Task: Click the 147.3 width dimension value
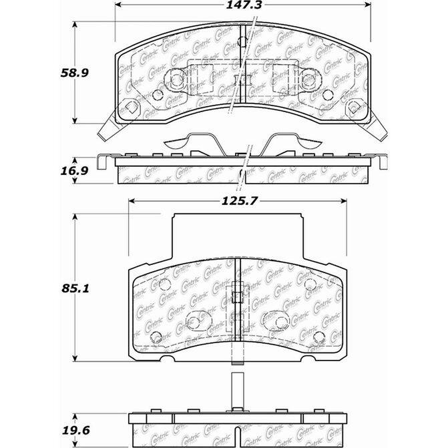coord(244,5)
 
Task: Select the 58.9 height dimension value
coord(75,73)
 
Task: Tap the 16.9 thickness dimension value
coord(75,171)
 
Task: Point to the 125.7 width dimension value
coord(240,201)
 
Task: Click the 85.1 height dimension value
coord(75,288)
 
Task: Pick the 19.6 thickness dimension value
coord(75,430)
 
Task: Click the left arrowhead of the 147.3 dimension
coord(118,5)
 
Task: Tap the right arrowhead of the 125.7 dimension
coord(344,201)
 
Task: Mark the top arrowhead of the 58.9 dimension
coord(75,25)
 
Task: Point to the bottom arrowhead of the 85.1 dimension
coord(75,359)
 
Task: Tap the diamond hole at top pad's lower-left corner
coord(131,107)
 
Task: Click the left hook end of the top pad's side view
coord(101,162)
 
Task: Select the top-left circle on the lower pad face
coord(164,283)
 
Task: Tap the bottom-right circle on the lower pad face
coord(318,337)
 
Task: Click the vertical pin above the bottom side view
coord(238,392)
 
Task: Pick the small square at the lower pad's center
coord(238,297)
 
